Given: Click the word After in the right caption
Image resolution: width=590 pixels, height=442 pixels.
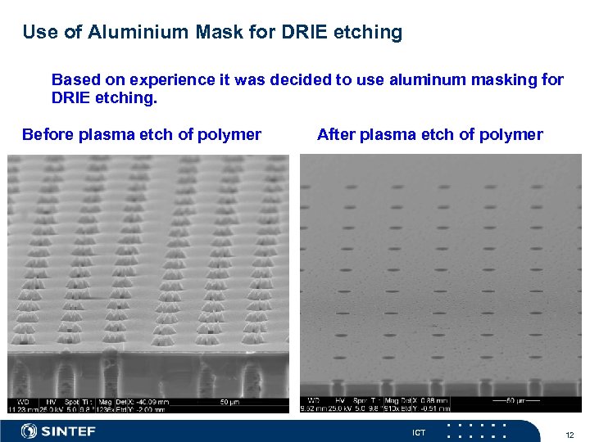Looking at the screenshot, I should pyautogui.click(x=336, y=135).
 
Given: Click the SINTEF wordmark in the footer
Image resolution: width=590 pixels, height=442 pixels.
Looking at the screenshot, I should pyautogui.click(x=69, y=431).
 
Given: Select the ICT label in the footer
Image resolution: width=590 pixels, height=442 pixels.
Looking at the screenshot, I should pyautogui.click(x=419, y=432).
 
